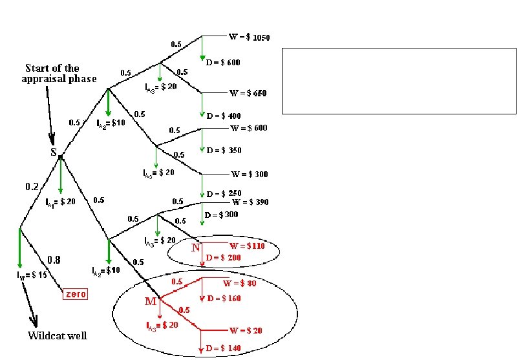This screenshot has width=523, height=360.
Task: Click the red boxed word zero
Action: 74,293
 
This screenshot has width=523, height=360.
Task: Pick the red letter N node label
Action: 195,248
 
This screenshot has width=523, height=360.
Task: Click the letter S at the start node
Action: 54,153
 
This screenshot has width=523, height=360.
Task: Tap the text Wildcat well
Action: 57,335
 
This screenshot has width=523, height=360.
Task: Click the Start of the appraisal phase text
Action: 60,73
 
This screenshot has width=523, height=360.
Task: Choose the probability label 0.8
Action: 54,260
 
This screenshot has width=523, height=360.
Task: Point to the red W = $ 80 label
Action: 240,282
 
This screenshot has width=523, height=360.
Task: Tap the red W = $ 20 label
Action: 246,330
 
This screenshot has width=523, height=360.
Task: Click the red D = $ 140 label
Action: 223,348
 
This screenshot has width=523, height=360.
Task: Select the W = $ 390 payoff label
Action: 250,202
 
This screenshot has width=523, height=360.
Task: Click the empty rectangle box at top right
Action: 399,81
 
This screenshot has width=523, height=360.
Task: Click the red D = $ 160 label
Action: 224,299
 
